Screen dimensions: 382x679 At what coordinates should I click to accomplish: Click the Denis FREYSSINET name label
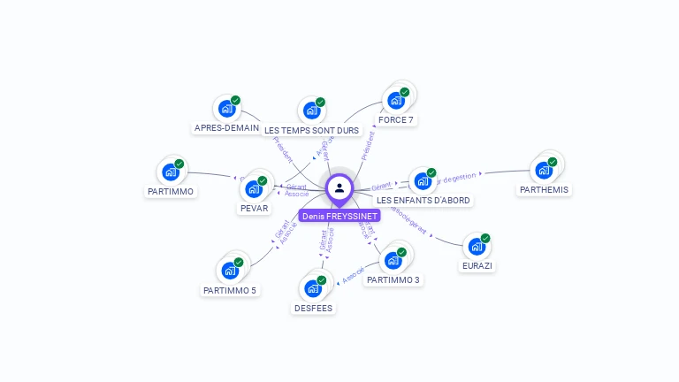pos(339,216)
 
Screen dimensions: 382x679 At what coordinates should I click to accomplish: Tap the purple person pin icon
pos(339,187)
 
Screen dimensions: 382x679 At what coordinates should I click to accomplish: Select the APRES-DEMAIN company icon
pos(226,110)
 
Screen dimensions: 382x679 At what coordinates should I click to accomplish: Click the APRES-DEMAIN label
pos(226,128)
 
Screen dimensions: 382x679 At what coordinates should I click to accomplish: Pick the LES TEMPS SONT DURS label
pos(312,131)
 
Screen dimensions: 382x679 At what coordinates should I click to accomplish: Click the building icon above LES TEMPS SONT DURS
pos(311,111)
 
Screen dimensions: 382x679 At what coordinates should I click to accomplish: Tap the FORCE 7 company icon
pos(395,101)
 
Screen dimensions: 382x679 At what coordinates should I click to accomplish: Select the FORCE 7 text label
pos(395,120)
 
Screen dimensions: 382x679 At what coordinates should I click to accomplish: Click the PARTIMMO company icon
pos(171,172)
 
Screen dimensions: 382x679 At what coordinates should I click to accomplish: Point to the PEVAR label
pos(255,209)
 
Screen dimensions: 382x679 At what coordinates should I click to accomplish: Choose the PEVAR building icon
pos(255,188)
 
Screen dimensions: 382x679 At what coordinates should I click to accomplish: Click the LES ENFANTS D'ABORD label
pos(423,201)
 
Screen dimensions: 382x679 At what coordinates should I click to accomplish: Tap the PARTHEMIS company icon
pos(544,170)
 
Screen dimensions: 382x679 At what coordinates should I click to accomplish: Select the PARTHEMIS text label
pos(544,190)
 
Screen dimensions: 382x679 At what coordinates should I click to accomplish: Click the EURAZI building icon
pos(477,247)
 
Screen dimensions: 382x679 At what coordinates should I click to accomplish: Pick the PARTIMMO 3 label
pos(393,280)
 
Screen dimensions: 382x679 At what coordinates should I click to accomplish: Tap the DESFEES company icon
pos(313,288)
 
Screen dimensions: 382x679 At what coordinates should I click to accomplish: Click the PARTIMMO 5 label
pos(230,290)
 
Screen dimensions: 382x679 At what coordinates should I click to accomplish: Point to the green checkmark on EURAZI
pos(485,238)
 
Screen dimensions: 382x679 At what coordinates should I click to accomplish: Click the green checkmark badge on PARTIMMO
pos(179,164)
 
